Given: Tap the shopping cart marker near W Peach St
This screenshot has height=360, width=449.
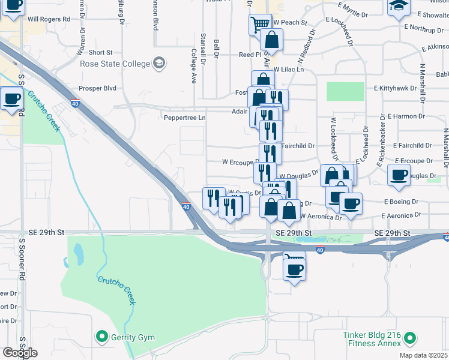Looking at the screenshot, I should click(x=260, y=25).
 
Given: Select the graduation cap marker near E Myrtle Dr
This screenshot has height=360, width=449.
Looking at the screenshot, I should click(x=399, y=8).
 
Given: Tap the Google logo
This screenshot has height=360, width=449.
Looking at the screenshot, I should click(x=20, y=353).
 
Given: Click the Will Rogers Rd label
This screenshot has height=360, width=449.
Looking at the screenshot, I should click(x=49, y=19).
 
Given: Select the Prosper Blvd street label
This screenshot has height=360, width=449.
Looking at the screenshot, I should click(x=97, y=88).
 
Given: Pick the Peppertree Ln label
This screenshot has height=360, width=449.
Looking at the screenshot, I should click(x=185, y=118).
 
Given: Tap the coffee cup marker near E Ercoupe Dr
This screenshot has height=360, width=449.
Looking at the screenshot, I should click(x=399, y=175).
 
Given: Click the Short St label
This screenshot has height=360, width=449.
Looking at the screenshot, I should click(x=100, y=53).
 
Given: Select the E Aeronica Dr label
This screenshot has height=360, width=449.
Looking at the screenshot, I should click(x=401, y=215).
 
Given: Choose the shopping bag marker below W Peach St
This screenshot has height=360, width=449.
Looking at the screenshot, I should click(x=271, y=41).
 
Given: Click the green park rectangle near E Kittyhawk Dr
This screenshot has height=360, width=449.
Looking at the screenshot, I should click(x=345, y=91).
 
